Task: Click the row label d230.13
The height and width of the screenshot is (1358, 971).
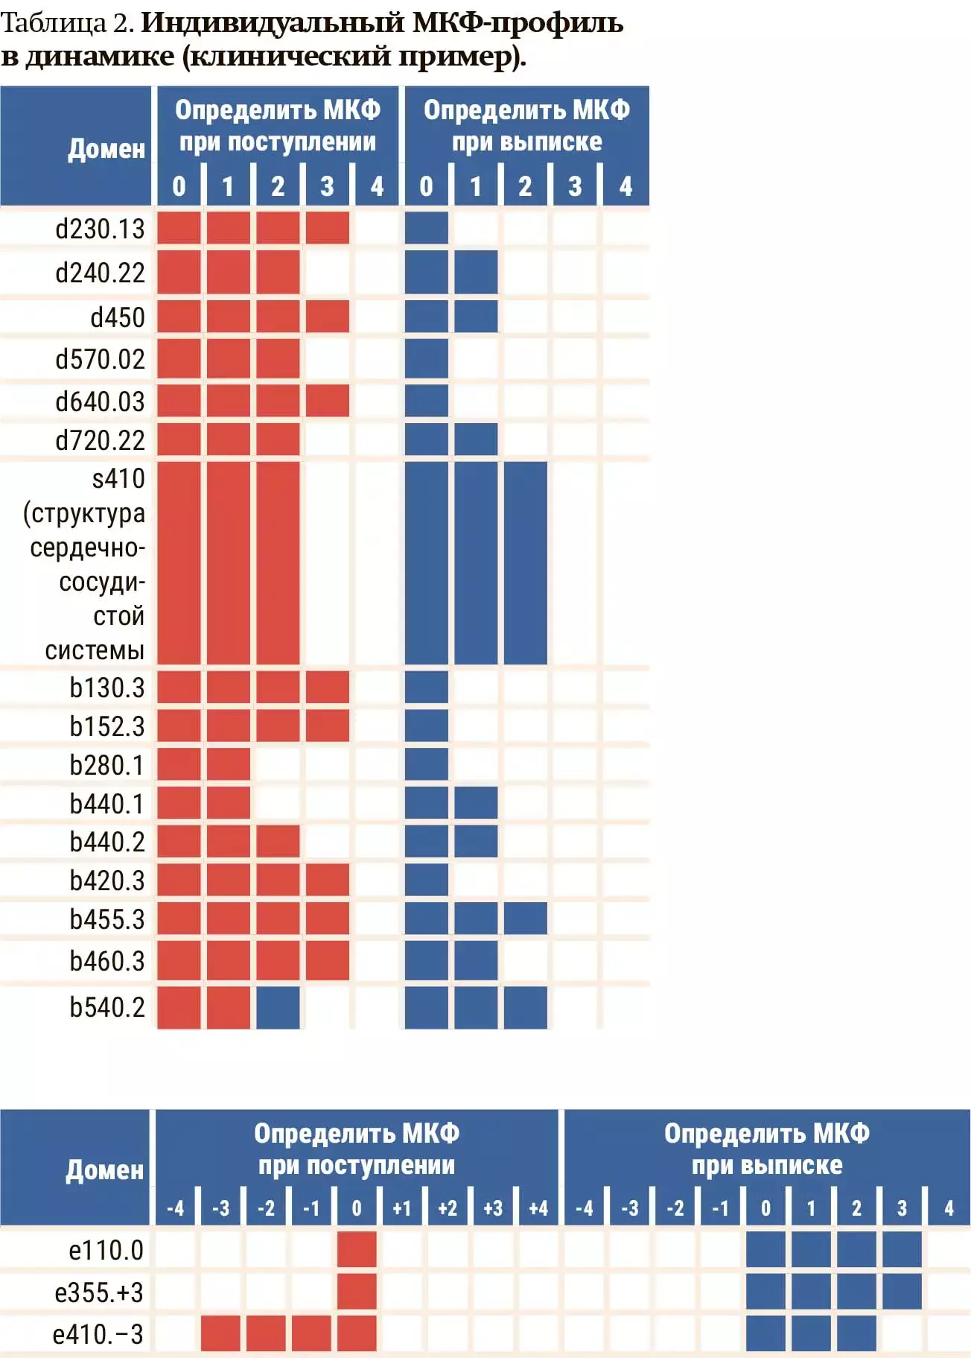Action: click(x=100, y=229)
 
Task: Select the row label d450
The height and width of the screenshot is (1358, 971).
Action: click(x=118, y=317)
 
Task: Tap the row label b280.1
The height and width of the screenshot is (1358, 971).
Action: click(x=106, y=765)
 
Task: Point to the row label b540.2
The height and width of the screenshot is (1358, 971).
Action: click(x=106, y=1007)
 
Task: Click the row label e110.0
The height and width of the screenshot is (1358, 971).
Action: click(x=106, y=1249)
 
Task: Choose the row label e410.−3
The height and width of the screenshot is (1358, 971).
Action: click(x=98, y=1334)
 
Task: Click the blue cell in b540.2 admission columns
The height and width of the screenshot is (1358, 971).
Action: click(x=278, y=1007)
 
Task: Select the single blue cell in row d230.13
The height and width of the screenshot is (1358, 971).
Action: click(x=427, y=228)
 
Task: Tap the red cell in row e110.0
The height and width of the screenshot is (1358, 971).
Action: click(x=357, y=1249)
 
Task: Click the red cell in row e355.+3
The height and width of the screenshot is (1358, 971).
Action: click(x=357, y=1292)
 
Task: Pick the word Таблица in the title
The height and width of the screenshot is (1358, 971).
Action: click(x=54, y=23)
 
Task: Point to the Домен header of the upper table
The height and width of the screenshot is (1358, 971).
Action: click(x=106, y=148)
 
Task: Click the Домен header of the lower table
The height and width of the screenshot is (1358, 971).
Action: click(x=104, y=1170)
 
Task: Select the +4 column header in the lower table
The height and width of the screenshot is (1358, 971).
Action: click(x=538, y=1208)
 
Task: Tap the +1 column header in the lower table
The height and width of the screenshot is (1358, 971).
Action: click(x=401, y=1208)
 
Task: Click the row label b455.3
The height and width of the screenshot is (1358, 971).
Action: click(x=106, y=919)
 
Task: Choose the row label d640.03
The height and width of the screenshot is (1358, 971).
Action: click(x=100, y=402)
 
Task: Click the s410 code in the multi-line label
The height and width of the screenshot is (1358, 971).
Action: click(x=118, y=478)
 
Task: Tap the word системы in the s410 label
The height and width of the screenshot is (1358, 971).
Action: click(x=95, y=650)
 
